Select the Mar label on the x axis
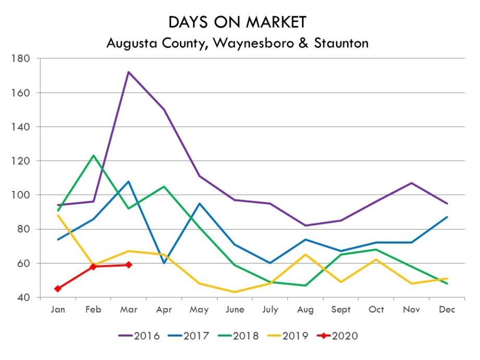tap(128, 309)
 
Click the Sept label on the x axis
tap(341, 309)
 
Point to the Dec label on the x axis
tap(447, 309)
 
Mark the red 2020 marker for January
tap(57, 289)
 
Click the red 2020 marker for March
tap(128, 265)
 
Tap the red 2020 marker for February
tap(93, 267)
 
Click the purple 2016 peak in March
tap(128, 72)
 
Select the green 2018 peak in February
tap(93, 155)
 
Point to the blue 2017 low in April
tap(164, 263)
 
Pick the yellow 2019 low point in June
tap(235, 292)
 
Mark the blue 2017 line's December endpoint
tap(447, 217)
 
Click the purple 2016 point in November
tap(412, 183)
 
